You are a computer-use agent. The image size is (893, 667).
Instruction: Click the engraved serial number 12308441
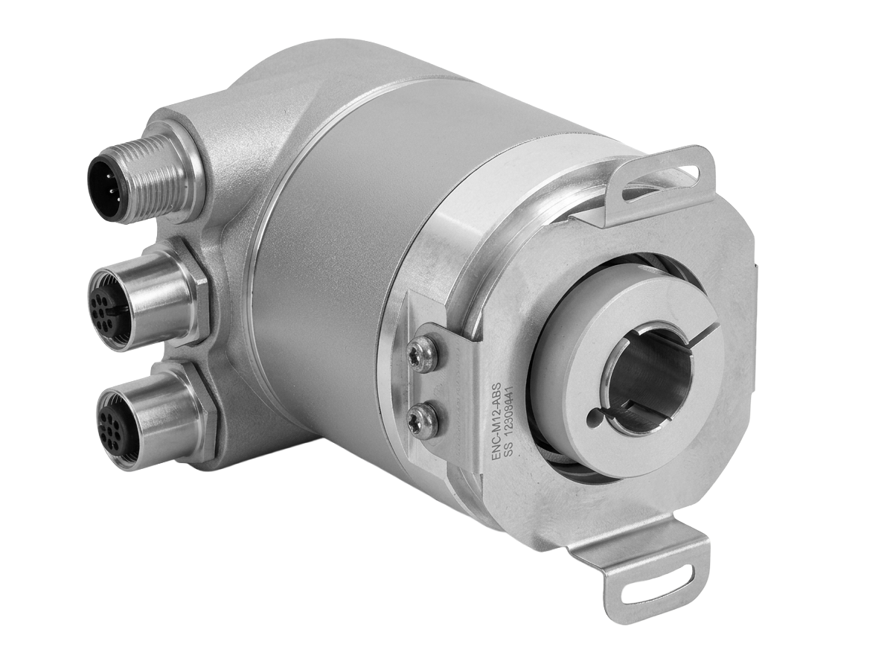[x=519, y=421]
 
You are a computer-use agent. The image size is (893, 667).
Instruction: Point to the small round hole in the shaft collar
[x=598, y=421]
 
